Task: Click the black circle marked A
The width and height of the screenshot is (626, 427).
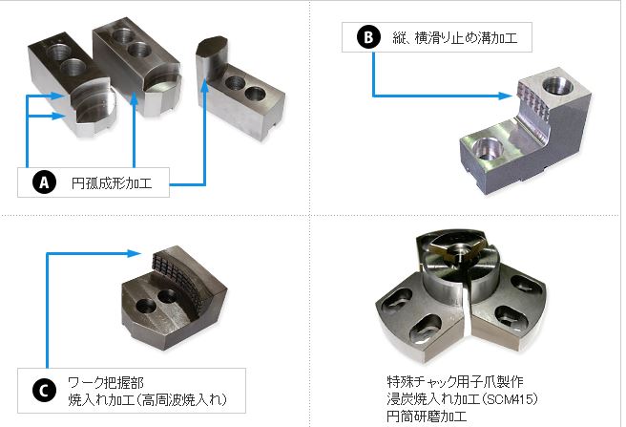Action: point(44,182)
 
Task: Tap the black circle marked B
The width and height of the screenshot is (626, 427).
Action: point(368,37)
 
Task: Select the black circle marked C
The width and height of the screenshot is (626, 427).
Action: point(44,390)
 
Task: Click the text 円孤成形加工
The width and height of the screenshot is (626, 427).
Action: point(112,183)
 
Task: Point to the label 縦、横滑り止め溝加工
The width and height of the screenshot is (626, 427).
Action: point(455,38)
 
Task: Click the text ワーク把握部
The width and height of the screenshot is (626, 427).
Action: point(106,383)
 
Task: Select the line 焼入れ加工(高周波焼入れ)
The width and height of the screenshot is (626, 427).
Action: point(148,399)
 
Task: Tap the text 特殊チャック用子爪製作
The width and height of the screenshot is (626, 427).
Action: point(455,381)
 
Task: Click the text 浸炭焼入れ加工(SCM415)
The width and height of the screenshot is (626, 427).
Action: point(462,398)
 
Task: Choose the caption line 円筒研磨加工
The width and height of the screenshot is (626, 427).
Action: point(427,416)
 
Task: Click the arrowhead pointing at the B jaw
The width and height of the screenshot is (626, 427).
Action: point(506,96)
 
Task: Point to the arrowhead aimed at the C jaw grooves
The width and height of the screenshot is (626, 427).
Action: point(135,253)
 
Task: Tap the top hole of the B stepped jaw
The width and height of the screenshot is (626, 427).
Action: point(558,86)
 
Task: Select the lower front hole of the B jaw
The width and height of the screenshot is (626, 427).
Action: point(486,147)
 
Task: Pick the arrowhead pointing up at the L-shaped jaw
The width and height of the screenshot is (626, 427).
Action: point(204,84)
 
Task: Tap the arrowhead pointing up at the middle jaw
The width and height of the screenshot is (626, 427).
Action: point(135,98)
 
